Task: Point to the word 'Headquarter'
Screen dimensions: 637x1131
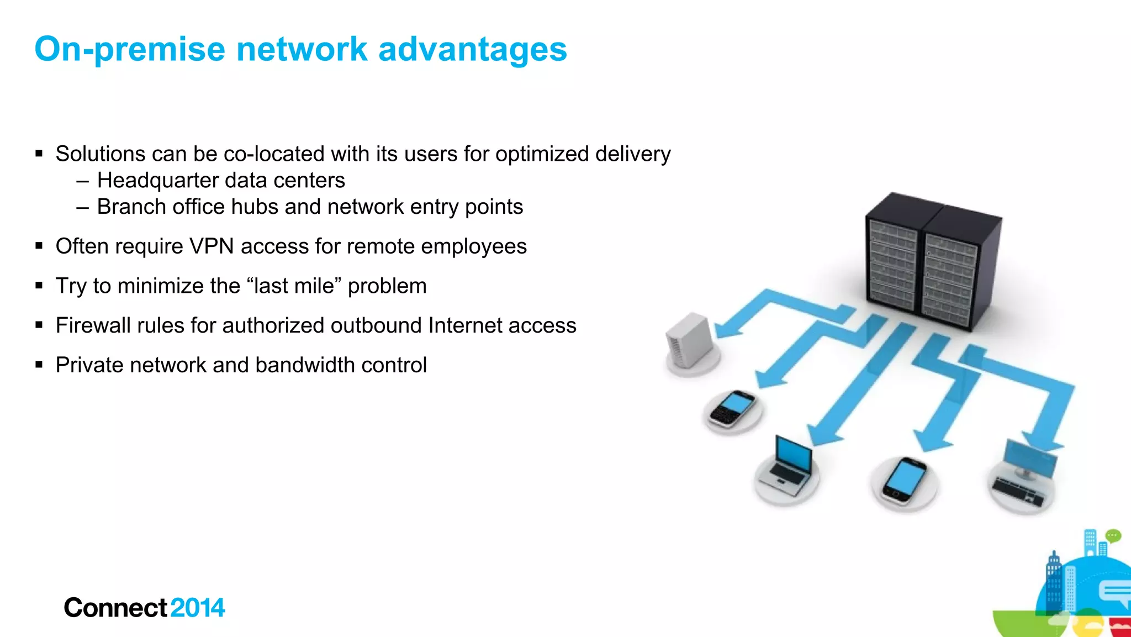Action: (x=157, y=181)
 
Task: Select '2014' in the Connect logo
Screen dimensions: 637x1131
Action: (x=197, y=608)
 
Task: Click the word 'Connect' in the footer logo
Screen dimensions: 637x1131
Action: (x=115, y=608)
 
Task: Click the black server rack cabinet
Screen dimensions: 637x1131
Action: (x=933, y=262)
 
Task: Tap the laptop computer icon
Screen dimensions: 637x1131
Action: (x=787, y=467)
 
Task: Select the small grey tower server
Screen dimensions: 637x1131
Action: (x=689, y=340)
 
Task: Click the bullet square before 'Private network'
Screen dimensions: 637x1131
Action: (x=39, y=365)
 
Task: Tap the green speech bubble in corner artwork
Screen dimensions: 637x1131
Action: (x=1113, y=535)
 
